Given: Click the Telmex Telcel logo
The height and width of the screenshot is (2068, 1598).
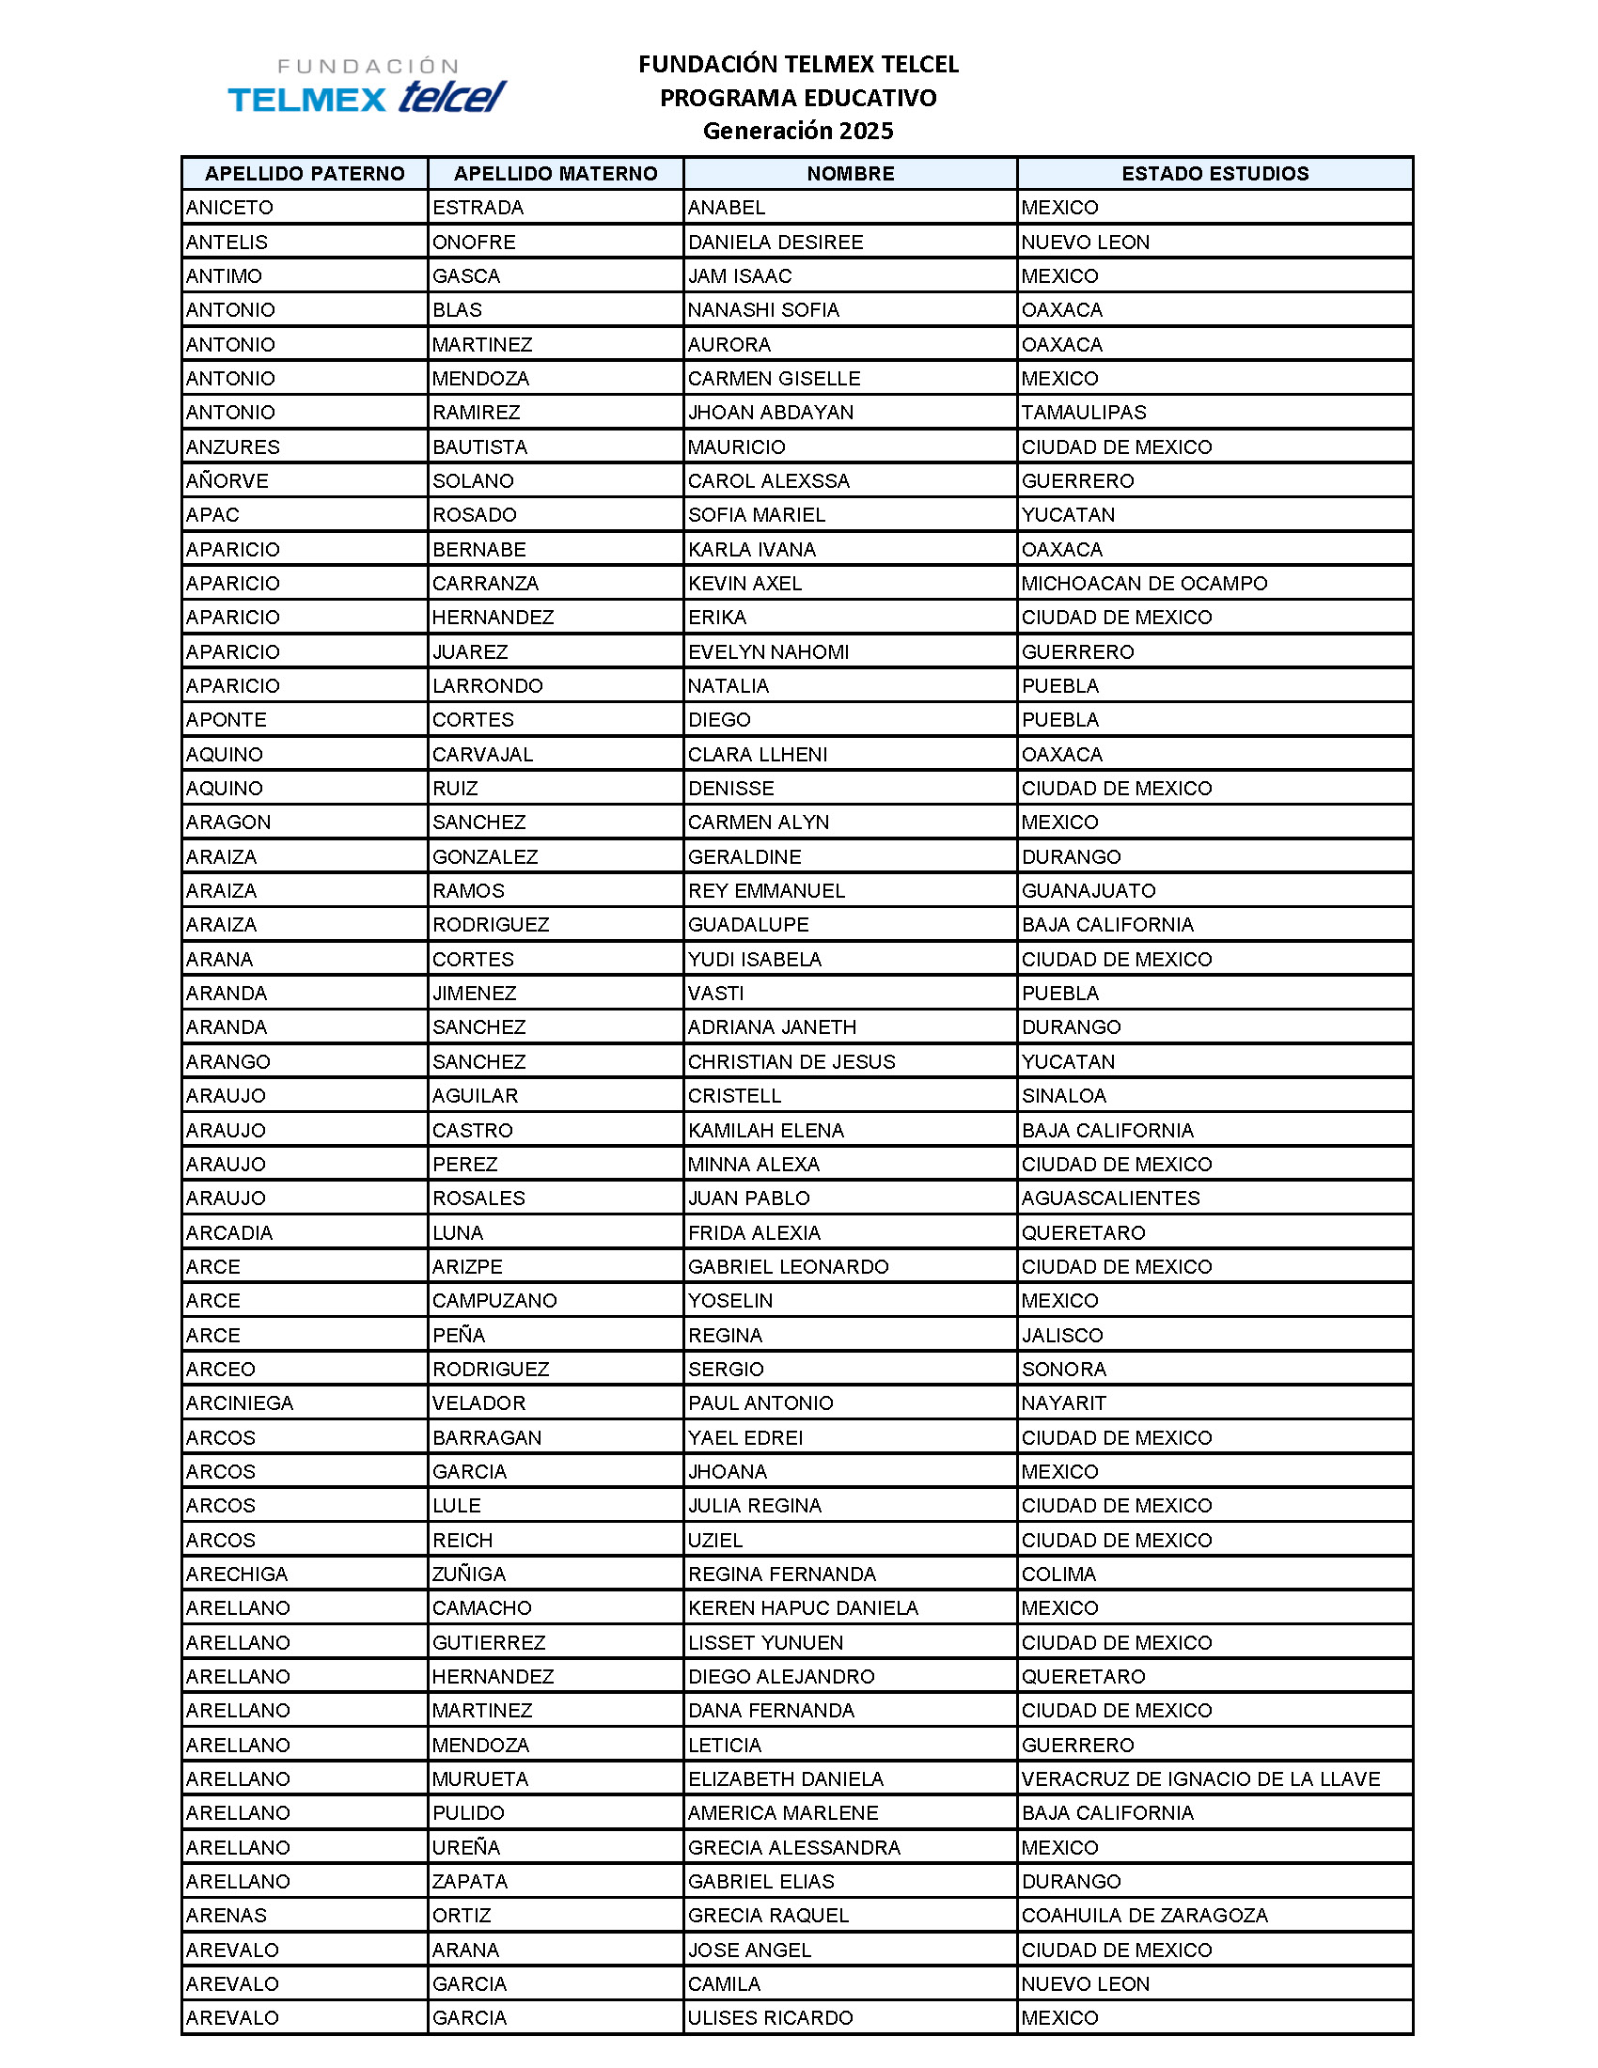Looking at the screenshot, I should point(368,86).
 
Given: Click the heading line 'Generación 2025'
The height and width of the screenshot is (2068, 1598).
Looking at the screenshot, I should point(797,131).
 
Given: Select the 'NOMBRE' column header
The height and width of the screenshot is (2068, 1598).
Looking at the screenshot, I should point(849,173).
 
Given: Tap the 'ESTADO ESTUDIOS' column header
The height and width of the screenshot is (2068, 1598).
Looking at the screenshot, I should point(1214,173).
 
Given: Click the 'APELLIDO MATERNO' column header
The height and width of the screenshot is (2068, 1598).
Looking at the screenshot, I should point(555,173).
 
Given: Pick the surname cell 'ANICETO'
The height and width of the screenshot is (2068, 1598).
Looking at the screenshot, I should point(230,208).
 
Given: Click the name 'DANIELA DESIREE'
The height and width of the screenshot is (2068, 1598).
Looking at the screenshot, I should point(775,242).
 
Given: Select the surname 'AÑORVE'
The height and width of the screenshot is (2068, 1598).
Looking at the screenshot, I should point(227,481).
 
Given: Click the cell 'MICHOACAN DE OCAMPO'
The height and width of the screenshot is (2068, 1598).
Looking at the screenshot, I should point(1144,584).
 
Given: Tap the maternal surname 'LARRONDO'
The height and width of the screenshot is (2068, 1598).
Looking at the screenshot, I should point(488,685).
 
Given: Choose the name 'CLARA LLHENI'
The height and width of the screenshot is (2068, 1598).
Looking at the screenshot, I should point(758,754).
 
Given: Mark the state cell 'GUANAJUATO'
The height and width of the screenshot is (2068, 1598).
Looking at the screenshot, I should point(1088,890).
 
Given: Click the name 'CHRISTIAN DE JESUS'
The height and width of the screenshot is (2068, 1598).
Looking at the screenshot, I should point(791,1061).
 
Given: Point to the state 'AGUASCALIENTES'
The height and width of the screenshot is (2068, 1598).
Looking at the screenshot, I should point(1109,1198).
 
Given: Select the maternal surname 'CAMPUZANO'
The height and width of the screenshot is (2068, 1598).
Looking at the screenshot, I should point(494,1300).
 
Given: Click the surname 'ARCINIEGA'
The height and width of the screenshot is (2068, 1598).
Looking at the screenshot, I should point(240,1402).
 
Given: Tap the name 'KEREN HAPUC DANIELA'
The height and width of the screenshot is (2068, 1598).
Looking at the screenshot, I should point(803,1607).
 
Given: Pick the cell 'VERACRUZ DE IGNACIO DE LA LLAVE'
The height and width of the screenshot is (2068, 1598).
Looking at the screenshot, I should point(1200,1778).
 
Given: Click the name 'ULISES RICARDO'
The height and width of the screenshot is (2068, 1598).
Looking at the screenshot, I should point(770,2018).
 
